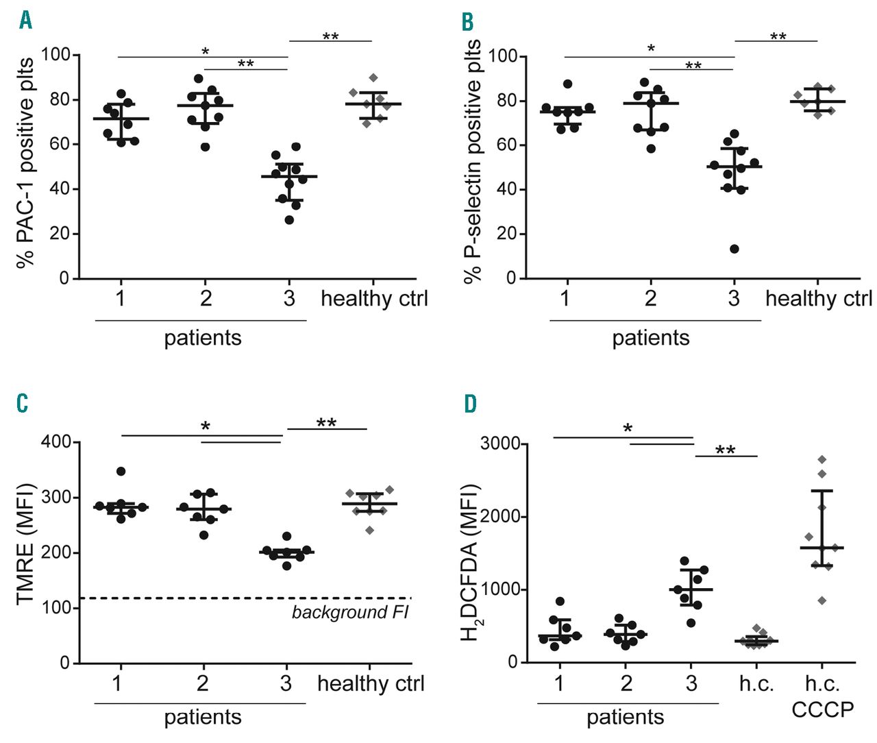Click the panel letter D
click(470, 404)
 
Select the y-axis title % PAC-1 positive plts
click(26, 163)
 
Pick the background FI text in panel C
click(350, 612)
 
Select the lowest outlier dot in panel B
click(734, 249)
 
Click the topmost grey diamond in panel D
click(822, 459)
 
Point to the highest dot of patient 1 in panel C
click(121, 472)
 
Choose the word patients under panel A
click(203, 338)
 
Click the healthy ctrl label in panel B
click(819, 299)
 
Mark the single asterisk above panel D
click(628, 429)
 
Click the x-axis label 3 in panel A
click(289, 299)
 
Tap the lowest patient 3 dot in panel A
click(289, 220)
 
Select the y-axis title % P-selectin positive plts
click(473, 162)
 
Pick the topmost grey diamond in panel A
click(373, 77)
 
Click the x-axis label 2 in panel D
click(626, 683)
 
